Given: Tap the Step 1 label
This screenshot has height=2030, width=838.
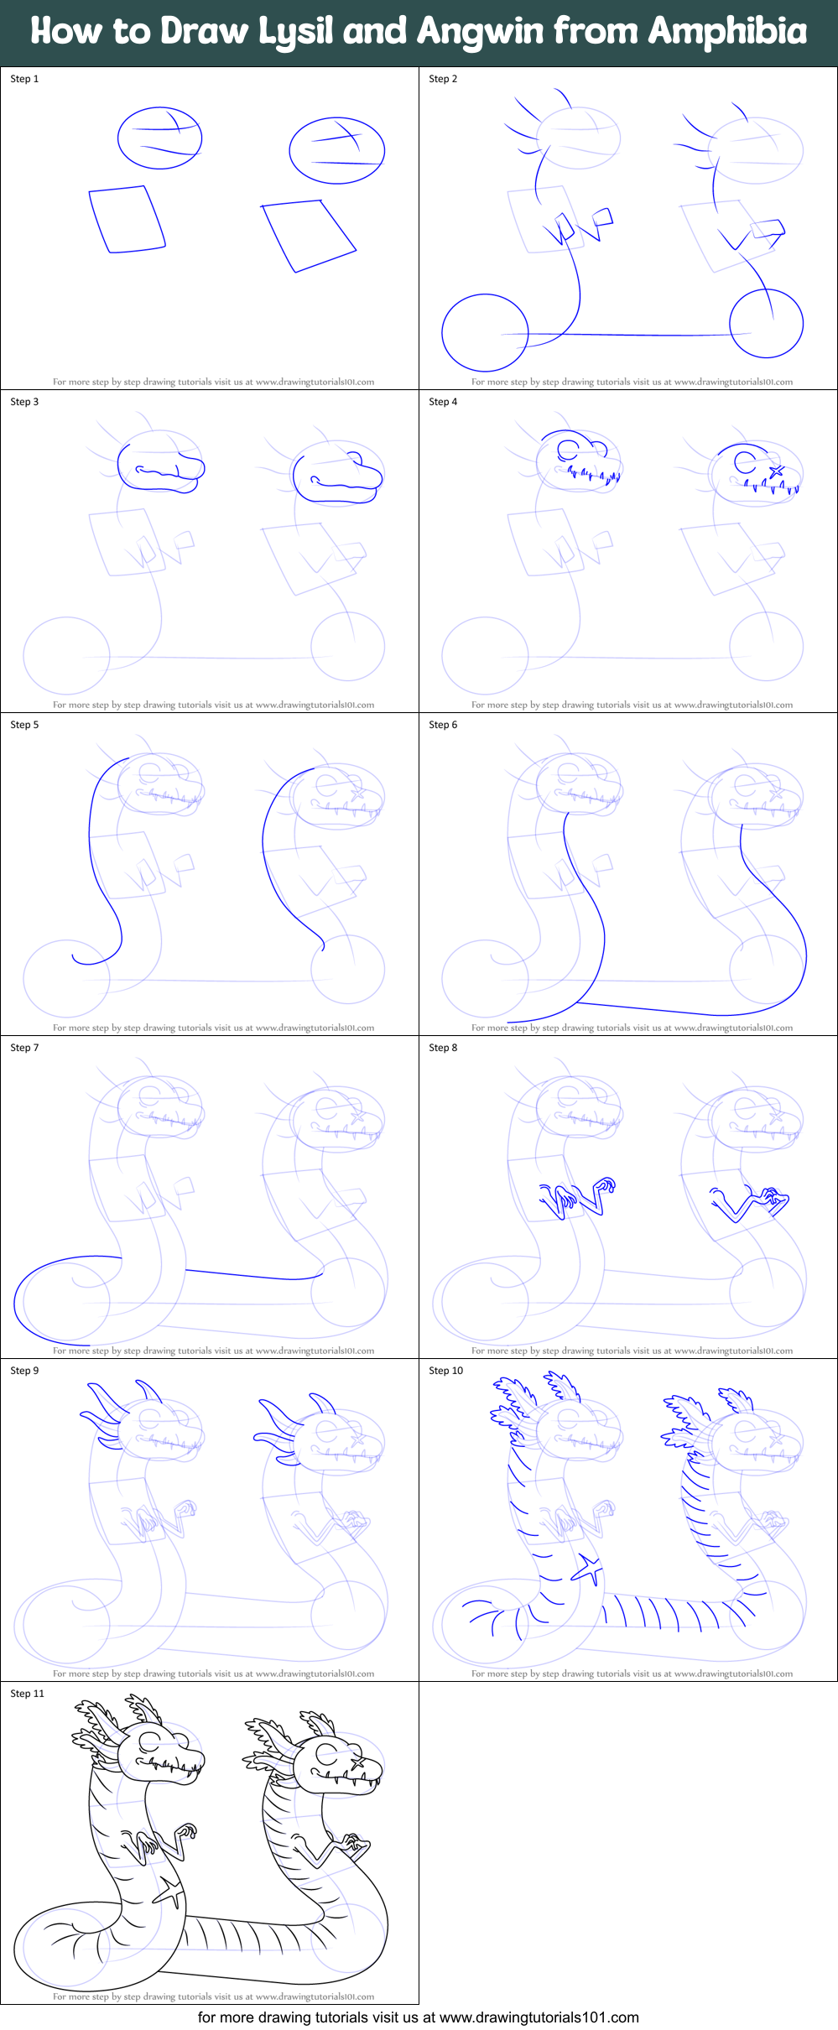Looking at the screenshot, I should tap(24, 79).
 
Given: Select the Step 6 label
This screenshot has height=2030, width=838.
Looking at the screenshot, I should tap(443, 725).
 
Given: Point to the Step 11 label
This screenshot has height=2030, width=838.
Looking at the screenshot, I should tap(27, 1694).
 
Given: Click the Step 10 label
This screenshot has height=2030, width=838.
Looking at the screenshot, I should tap(445, 1371).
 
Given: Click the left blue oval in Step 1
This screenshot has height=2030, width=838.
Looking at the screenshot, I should tap(159, 138).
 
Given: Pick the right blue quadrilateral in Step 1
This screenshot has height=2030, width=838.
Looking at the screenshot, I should tap(308, 235).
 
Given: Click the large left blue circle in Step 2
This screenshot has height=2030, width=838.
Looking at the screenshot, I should tap(484, 332).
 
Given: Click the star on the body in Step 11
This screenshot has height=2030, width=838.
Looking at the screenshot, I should tap(169, 1892).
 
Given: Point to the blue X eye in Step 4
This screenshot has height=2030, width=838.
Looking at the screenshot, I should tap(776, 471).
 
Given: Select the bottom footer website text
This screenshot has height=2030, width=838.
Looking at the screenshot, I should tap(418, 2017).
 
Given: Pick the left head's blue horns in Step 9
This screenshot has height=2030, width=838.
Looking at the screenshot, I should tap(105, 1411).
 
